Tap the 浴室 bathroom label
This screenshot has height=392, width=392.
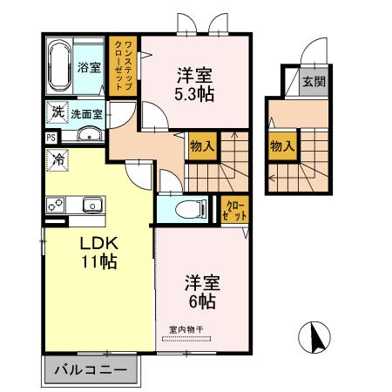tap(88, 67)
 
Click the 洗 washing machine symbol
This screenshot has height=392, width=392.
tap(57, 112)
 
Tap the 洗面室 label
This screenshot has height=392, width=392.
tap(86, 113)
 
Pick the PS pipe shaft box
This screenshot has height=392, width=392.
tap(51, 137)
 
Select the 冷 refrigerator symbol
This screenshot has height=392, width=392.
tap(58, 160)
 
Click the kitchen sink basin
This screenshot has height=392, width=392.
tap(90, 205)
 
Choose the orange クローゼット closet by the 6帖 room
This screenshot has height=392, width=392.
tap(233, 210)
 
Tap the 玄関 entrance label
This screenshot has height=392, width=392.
tap(313, 83)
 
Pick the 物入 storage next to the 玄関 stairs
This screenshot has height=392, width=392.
tap(281, 146)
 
